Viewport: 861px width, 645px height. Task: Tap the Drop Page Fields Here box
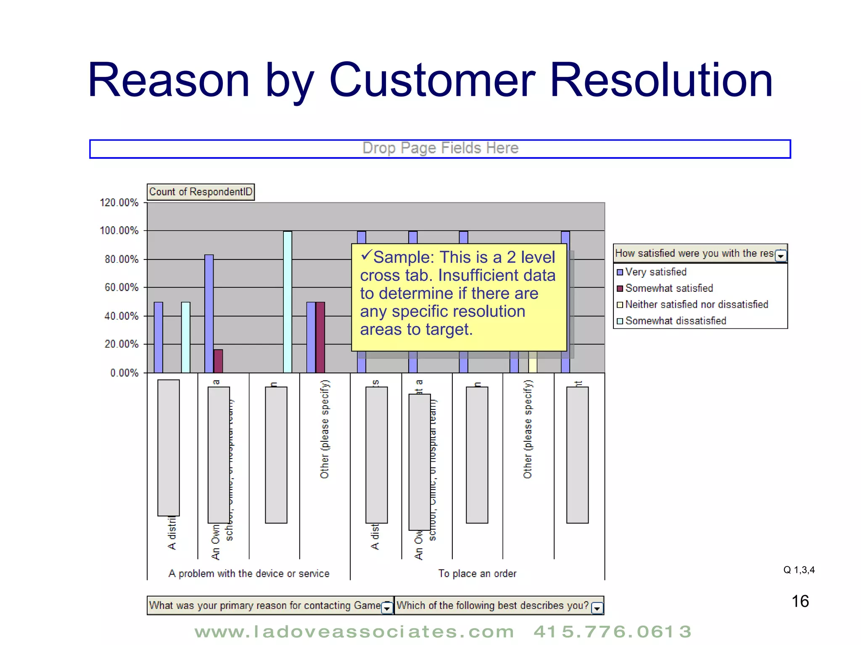440,149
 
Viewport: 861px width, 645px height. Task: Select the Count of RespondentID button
201,192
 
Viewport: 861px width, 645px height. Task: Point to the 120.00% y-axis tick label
119,203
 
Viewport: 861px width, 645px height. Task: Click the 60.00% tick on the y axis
121,288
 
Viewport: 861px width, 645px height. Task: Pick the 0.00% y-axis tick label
124,373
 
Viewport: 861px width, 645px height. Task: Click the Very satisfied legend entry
655,272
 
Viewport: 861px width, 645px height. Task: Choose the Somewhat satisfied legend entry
668,288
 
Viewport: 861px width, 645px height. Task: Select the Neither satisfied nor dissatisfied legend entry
696,304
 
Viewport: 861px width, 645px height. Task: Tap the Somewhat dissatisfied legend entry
675,321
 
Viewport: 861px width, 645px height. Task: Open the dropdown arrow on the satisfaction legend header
781,255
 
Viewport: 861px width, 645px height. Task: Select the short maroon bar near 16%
218,361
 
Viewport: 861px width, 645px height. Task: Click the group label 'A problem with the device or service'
249,574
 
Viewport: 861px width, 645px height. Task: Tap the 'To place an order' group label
477,574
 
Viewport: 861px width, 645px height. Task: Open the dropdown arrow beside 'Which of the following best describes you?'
597,608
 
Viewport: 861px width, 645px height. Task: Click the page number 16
800,601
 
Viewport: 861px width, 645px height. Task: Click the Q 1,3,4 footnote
799,570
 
